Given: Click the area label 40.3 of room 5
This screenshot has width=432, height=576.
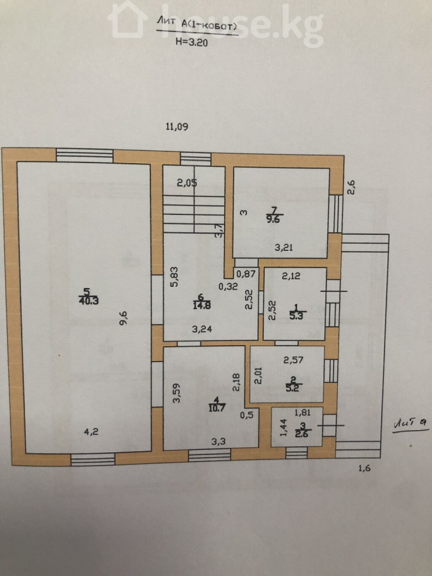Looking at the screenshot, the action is click(88, 301).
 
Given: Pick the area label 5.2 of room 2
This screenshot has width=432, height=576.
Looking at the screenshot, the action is click(292, 388).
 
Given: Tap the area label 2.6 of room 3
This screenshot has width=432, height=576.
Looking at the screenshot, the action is click(303, 434).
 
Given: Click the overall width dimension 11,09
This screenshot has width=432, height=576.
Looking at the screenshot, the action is click(177, 127).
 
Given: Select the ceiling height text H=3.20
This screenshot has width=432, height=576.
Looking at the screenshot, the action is click(191, 42).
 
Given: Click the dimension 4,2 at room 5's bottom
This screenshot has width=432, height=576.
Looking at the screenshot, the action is click(91, 432).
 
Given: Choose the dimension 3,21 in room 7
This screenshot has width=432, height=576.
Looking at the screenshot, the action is click(284, 248).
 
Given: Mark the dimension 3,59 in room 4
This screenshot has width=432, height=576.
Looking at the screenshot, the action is click(177, 394).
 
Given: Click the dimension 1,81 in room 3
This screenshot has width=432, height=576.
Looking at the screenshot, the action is click(303, 413).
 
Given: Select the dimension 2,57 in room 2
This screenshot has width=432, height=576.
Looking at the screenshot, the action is click(294, 360).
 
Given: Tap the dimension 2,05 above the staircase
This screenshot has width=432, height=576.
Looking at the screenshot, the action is click(187, 183).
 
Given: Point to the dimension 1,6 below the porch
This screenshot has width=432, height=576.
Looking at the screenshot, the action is click(364, 468).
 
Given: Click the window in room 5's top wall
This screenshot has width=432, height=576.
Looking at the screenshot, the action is click(84, 155).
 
